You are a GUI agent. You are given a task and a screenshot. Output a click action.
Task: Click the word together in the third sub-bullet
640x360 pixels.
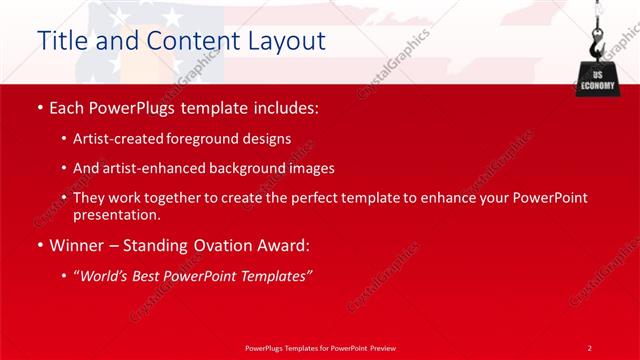(x=186, y=198)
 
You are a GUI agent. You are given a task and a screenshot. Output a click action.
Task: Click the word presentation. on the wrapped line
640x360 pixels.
(x=116, y=214)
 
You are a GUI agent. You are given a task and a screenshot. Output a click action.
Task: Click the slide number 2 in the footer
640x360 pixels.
(x=589, y=347)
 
